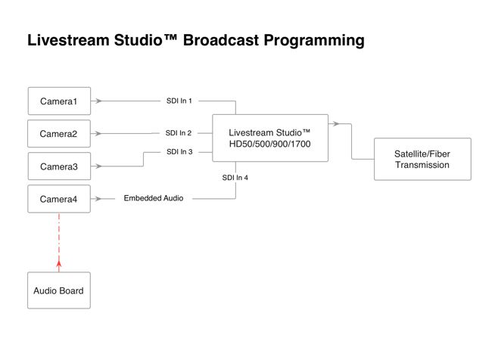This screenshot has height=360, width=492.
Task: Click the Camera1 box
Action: (x=58, y=101)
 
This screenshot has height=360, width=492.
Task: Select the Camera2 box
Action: (x=58, y=134)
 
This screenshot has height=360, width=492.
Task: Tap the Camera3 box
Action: (x=58, y=166)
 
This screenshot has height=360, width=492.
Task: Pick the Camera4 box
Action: (x=58, y=199)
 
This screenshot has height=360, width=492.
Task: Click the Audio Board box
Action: (x=58, y=290)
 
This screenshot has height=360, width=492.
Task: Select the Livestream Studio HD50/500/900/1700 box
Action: (x=269, y=138)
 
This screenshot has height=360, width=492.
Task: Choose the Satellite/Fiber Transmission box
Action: (x=422, y=159)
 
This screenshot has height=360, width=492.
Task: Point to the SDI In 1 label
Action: (x=179, y=101)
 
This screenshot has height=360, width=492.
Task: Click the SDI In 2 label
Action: (x=179, y=133)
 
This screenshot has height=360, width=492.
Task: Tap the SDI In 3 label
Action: (x=179, y=152)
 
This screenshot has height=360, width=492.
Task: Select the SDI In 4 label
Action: (x=235, y=178)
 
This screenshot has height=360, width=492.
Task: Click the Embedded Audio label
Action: (x=154, y=199)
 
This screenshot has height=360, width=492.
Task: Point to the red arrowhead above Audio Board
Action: (x=58, y=264)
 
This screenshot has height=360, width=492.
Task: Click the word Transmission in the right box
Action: (x=422, y=165)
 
